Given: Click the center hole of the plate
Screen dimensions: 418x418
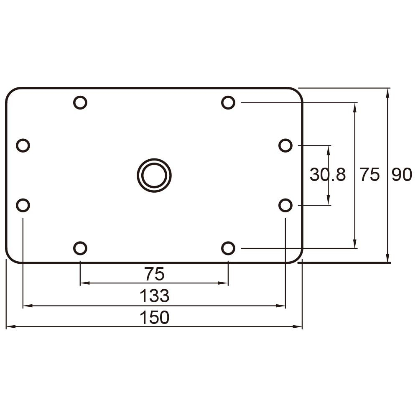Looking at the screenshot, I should (x=154, y=175).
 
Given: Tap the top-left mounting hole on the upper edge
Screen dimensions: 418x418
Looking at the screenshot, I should (x=80, y=102).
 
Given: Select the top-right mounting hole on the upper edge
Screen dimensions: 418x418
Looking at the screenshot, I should (x=228, y=102).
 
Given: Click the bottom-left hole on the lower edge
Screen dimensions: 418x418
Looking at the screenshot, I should (x=80, y=248).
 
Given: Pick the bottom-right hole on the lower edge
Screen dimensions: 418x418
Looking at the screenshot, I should (x=228, y=248).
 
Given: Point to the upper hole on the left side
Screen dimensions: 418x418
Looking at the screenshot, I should (x=23, y=145).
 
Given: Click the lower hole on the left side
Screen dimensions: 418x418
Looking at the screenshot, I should (x=23, y=205).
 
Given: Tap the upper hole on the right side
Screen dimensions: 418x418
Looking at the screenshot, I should (x=285, y=145).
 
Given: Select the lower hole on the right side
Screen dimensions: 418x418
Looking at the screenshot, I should (x=285, y=205).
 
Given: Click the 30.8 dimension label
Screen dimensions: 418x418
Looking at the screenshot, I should (x=328, y=175).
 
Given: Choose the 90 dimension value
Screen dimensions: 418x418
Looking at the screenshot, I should (x=402, y=175).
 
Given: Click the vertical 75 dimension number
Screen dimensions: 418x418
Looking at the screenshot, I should (x=370, y=175).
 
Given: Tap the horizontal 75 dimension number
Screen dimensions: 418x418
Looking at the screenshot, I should (x=154, y=275).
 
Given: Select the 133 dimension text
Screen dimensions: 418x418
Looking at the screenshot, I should (x=154, y=296).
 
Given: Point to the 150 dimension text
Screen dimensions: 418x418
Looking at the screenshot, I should (x=154, y=318).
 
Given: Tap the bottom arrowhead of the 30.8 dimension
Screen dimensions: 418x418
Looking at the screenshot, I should (x=328, y=201).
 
